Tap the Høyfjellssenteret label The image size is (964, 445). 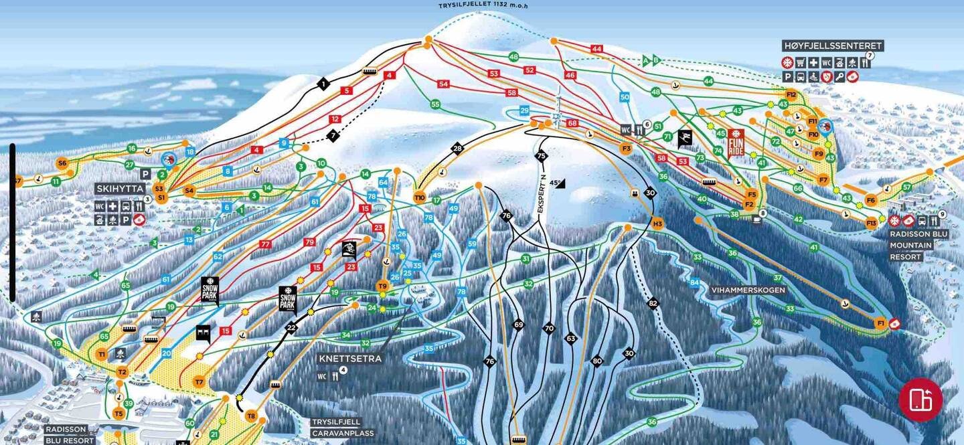833,46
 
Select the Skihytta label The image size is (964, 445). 120,189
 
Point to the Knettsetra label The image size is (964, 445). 349,359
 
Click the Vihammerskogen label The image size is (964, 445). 748,290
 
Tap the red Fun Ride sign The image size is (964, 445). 736,143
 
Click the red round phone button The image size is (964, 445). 920,399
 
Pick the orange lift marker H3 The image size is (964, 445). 657,224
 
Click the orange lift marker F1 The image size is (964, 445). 881,324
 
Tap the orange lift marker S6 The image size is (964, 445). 62,163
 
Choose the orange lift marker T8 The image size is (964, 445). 251,416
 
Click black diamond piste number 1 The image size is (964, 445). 324,84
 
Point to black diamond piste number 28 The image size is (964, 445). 458,149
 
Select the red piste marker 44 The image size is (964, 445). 597,49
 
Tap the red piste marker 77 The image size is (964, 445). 265,245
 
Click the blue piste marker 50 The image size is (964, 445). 625,97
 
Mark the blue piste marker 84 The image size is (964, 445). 695,283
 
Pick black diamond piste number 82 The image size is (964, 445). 653,303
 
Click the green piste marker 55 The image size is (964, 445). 435,104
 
